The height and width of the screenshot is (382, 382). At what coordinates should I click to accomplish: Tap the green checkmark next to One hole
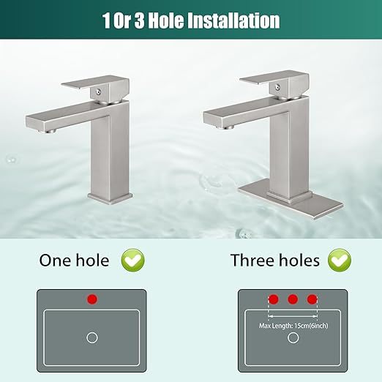click(133, 259)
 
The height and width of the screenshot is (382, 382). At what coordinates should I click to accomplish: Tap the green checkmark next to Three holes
click(340, 259)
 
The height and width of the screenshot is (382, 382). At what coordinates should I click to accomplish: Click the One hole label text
click(74, 260)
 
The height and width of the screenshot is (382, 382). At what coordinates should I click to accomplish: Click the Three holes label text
click(274, 260)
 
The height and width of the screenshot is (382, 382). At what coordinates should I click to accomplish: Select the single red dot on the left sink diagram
click(91, 299)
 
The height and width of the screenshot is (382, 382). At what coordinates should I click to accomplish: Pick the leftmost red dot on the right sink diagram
click(274, 299)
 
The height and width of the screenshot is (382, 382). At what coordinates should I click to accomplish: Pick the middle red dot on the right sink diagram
click(293, 299)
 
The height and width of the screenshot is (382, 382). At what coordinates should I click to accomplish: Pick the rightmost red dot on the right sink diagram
click(312, 299)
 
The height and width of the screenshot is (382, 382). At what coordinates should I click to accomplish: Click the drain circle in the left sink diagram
click(92, 337)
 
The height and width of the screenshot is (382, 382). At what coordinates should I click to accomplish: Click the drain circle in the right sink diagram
click(293, 337)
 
